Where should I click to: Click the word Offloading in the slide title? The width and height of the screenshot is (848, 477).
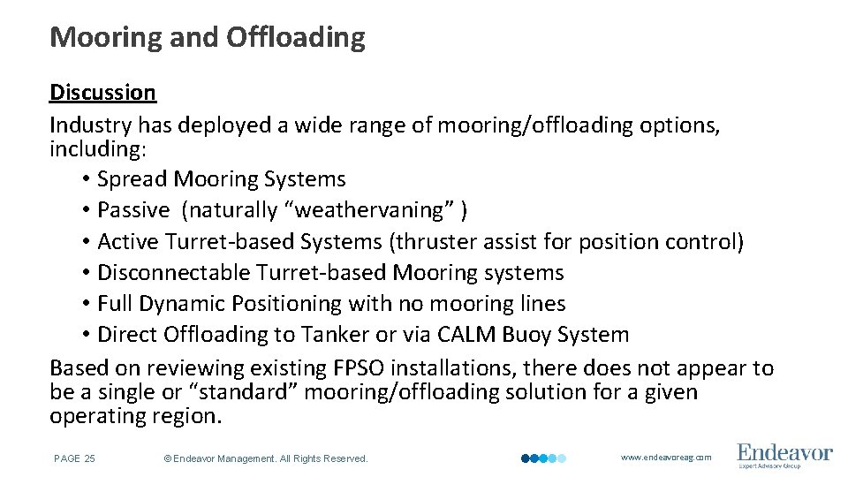pyautogui.click(x=295, y=37)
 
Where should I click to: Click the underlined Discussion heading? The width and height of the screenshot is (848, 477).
pyautogui.click(x=102, y=92)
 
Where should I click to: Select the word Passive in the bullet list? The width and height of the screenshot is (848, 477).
pyautogui.click(x=132, y=210)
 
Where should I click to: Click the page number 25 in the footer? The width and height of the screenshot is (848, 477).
pyautogui.click(x=89, y=458)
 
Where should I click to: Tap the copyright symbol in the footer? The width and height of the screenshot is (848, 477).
pyautogui.click(x=167, y=458)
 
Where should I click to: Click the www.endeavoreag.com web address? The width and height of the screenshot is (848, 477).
pyautogui.click(x=665, y=458)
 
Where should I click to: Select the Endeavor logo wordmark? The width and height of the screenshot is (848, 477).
pyautogui.click(x=784, y=452)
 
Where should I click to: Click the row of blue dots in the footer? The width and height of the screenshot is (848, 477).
pyautogui.click(x=543, y=458)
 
